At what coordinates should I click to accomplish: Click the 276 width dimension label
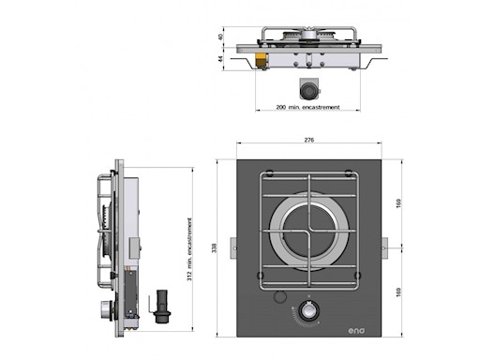(x=308, y=141)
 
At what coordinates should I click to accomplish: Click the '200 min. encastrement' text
(x=307, y=109)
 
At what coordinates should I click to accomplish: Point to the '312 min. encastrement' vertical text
(x=191, y=248)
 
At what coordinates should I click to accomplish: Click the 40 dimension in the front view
(x=219, y=37)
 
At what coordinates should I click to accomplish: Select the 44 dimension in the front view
(x=219, y=59)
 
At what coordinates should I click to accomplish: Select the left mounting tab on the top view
(x=232, y=247)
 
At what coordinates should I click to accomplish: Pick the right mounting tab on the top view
(x=384, y=247)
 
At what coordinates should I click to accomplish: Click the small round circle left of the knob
(x=278, y=299)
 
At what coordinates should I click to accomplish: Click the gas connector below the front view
(x=307, y=89)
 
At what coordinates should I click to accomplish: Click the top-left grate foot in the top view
(x=270, y=175)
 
